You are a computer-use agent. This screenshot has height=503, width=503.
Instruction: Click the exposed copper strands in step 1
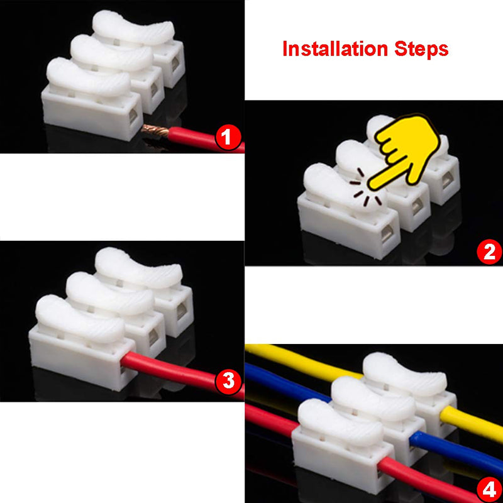[154, 131]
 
